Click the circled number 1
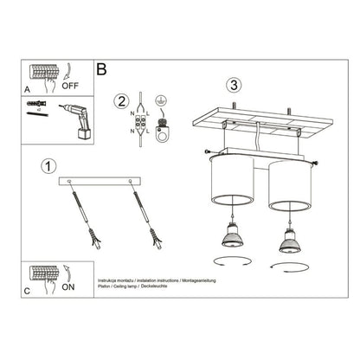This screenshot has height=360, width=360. tap(48, 165)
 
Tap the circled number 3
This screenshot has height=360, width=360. tap(232, 85)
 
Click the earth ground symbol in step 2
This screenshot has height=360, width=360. tap(162, 101)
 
